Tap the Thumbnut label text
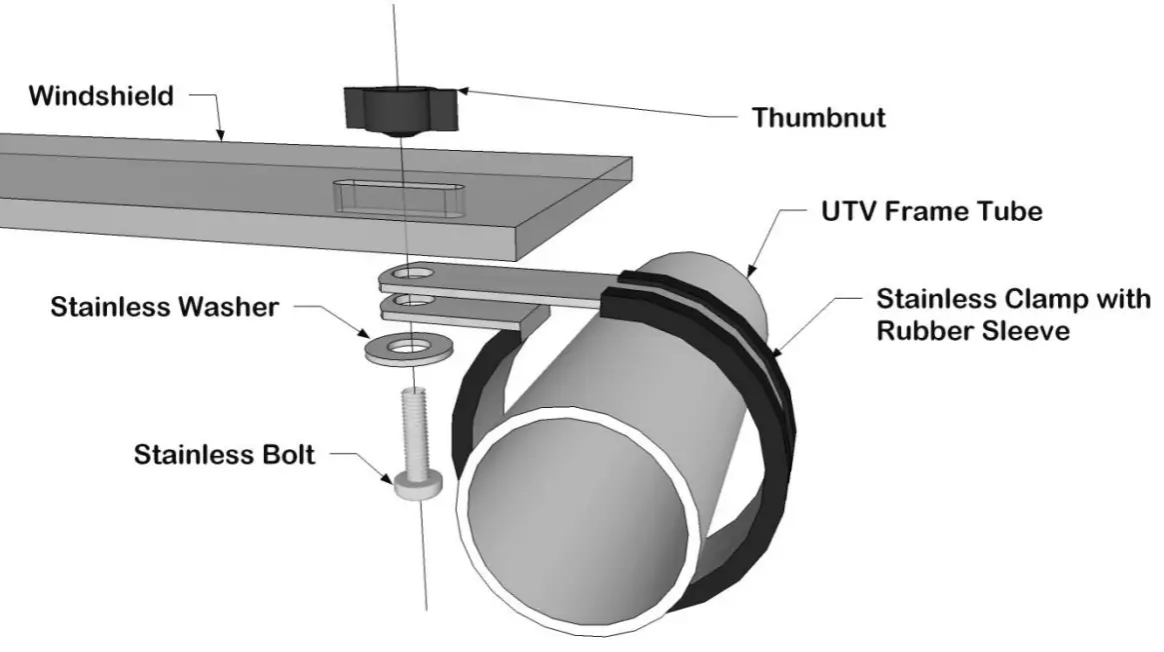click(818, 118)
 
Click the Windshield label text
click(100, 96)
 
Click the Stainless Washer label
click(165, 307)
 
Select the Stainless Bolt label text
click(225, 455)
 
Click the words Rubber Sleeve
click(973, 331)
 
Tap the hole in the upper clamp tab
click(409, 272)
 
